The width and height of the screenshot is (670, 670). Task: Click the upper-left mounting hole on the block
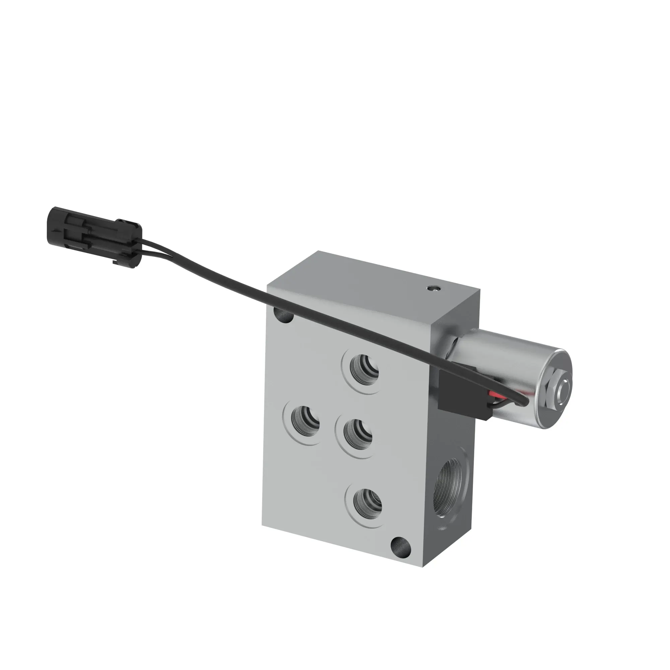284,315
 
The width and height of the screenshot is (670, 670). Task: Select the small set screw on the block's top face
433,288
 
